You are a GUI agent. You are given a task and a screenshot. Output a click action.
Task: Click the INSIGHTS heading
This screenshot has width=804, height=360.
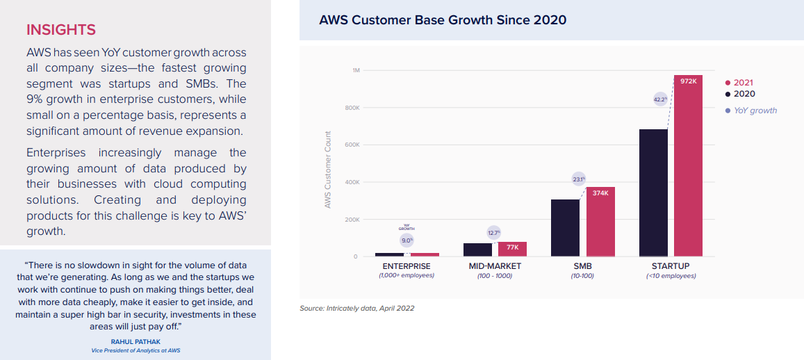coord(60,30)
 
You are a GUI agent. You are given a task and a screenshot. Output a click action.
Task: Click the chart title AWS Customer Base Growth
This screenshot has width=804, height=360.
coord(442,20)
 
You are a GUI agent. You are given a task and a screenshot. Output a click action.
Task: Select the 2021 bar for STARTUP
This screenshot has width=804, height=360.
coord(688,167)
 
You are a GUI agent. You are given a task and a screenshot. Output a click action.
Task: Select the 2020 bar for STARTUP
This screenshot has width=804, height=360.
coord(653,193)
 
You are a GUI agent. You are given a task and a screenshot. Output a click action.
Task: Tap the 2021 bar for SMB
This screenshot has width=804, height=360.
coord(600,222)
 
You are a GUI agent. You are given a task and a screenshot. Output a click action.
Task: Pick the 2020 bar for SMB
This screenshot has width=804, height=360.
coord(565,228)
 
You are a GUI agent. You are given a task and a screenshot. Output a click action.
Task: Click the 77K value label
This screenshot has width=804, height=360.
coord(513,247)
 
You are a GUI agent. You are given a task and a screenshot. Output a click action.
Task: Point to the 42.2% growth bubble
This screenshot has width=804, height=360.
coord(660,99)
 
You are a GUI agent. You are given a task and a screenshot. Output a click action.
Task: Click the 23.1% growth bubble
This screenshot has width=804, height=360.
coord(579,179)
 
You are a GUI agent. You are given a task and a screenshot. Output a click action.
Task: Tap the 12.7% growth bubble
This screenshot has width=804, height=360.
coord(493,233)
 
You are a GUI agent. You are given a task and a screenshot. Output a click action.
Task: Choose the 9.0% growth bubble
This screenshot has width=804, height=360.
coord(407,240)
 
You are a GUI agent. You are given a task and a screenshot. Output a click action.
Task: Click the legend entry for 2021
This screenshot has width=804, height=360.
coord(743,83)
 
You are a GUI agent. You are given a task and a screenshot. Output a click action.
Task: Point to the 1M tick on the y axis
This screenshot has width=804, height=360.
coord(355,71)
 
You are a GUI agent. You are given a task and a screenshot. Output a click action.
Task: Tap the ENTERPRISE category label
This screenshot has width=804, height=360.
coord(407,266)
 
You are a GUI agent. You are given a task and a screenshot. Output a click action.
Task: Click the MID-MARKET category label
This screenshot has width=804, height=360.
coord(494,266)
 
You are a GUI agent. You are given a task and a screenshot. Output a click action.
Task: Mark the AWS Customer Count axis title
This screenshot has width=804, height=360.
coord(328,170)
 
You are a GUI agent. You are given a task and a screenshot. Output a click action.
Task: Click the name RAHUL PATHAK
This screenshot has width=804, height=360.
coord(136,341)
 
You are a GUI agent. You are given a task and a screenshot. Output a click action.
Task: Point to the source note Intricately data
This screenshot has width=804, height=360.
coord(357,308)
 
